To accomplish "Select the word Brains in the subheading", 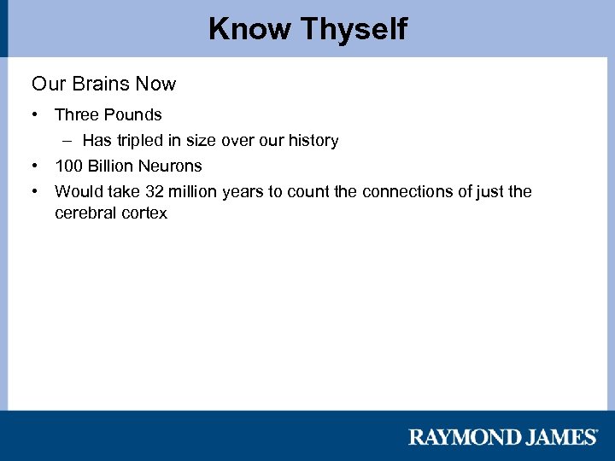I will point(102,84).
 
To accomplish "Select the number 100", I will point(68,166).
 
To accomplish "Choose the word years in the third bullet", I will point(243,191).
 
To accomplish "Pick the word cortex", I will point(144,213).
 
